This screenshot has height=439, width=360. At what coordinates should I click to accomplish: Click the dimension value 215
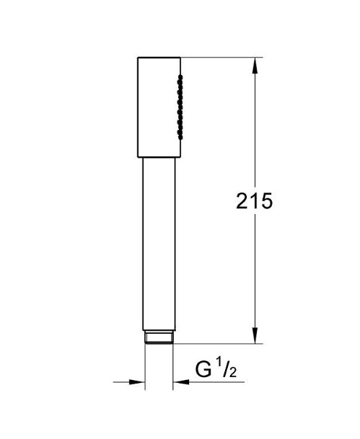coord(254,200)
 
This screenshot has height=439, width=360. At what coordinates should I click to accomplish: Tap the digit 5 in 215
coord(266,200)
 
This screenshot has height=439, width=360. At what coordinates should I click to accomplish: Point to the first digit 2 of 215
coord(242,200)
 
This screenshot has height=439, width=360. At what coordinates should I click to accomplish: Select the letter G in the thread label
coord(203,370)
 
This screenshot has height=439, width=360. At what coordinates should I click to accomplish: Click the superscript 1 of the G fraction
coord(220,365)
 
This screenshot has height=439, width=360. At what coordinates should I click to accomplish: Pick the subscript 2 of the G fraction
coord(233,373)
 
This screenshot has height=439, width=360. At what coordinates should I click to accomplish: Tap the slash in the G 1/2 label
coord(227,369)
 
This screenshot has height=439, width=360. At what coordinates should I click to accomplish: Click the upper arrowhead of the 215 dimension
coord(255,66)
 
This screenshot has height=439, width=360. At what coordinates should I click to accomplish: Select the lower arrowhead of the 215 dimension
coord(255,335)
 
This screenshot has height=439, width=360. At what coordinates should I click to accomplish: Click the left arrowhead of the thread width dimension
coord(137,381)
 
